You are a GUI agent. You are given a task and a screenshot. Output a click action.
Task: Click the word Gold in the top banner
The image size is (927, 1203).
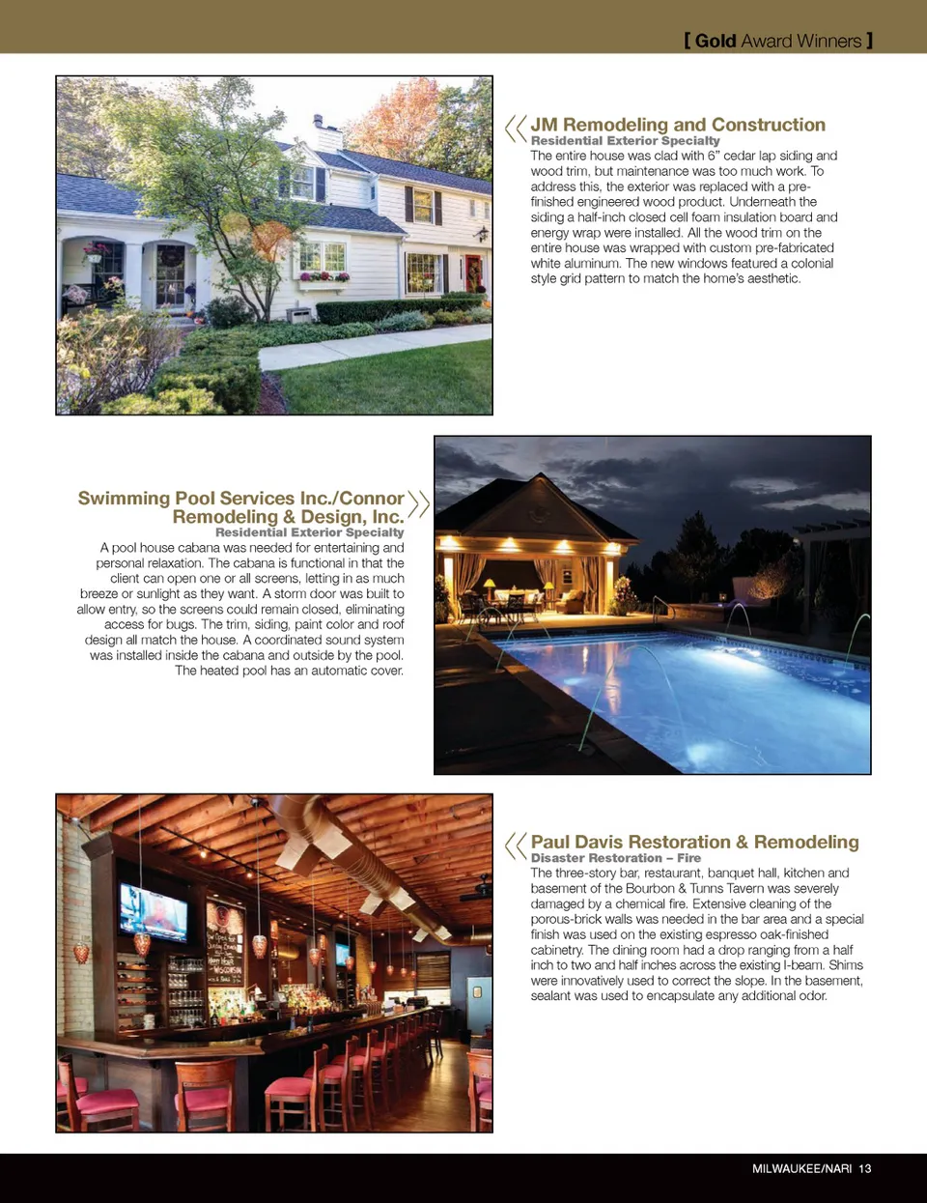(716, 41)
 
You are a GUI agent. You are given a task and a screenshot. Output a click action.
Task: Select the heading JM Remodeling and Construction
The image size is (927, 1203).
(678, 125)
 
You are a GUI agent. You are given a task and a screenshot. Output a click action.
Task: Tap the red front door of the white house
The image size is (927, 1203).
(473, 272)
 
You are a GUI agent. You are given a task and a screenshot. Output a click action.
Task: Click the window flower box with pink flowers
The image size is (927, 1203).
(323, 277)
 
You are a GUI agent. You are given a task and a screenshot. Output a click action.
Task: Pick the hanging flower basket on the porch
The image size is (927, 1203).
(96, 251)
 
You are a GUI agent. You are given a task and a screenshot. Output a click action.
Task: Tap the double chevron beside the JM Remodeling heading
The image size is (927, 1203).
(516, 128)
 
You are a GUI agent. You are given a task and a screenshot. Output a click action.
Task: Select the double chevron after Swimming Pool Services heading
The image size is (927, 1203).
(418, 503)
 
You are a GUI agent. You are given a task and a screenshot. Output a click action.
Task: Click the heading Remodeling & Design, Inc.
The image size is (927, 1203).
(288, 516)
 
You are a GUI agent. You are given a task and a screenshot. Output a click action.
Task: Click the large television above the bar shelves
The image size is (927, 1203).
(154, 910)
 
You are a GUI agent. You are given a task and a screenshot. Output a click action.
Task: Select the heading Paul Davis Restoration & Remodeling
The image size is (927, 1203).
(694, 842)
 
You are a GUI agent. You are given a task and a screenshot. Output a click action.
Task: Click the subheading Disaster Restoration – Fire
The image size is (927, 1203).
(615, 858)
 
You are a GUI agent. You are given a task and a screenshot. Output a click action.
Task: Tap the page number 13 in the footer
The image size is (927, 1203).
(864, 1168)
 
